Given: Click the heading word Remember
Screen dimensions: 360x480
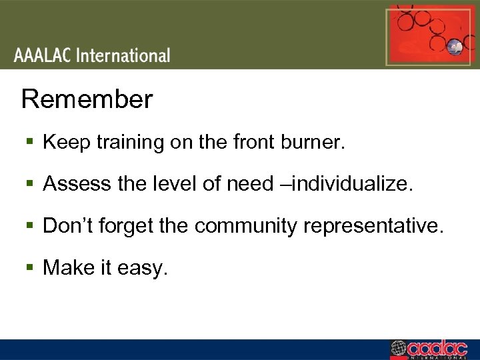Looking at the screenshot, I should click(87, 100).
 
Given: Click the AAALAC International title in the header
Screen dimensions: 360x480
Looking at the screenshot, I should click(92, 55).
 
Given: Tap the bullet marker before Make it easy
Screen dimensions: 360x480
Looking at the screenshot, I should click(31, 268).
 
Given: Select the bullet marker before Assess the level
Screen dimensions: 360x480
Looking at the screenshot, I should click(31, 185).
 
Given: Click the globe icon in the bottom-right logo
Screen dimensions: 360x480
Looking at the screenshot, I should click(398, 349).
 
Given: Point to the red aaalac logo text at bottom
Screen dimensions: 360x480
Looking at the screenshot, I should click(437, 348).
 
